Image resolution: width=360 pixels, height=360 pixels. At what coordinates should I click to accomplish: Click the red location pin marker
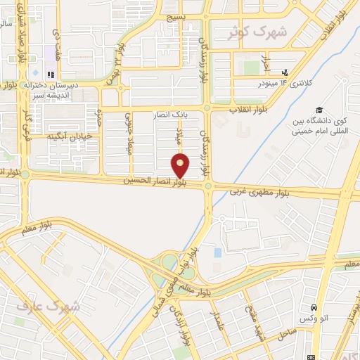pyautogui.click(x=181, y=165)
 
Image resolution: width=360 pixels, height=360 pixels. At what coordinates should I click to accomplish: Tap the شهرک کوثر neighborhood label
pyautogui.click(x=259, y=32)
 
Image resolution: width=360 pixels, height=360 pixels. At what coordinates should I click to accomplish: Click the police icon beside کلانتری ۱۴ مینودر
pyautogui.click(x=285, y=72)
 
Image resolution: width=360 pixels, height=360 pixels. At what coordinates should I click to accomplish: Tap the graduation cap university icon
pyautogui.click(x=319, y=110)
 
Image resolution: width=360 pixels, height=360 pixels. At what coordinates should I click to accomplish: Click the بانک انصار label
pyautogui.click(x=172, y=113)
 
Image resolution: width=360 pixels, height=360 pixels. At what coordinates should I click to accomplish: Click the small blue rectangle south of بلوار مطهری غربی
pyautogui.click(x=217, y=252)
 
